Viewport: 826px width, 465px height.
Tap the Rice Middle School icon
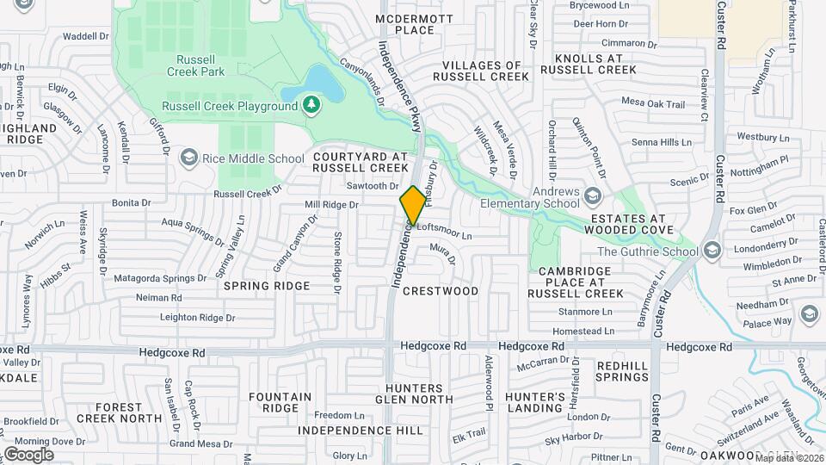(188, 158)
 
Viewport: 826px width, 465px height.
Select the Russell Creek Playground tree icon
(311, 106)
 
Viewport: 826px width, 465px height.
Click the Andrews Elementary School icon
(592, 196)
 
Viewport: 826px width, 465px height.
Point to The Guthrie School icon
(711, 251)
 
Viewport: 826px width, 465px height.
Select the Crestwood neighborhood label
(441, 291)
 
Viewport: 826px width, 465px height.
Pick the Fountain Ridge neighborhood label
(280, 402)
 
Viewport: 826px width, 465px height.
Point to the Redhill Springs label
(622, 371)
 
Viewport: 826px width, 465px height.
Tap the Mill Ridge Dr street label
(331, 205)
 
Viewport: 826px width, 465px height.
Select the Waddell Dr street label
(86, 36)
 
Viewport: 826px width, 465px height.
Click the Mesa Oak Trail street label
(652, 103)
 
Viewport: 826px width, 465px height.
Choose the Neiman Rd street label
(159, 298)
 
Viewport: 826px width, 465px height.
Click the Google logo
(28, 454)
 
